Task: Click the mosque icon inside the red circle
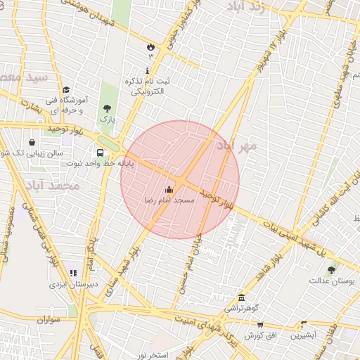pyautogui.click(x=168, y=189)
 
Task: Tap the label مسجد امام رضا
pyautogui.click(x=169, y=201)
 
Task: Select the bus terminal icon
pyautogui.click(x=101, y=152)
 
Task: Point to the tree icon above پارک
pyautogui.click(x=107, y=108)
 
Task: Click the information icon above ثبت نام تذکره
pyautogui.click(x=147, y=70)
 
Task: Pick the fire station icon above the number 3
pyautogui.click(x=150, y=46)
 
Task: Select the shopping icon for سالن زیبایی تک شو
pyautogui.click(x=32, y=142)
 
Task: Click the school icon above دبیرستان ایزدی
pyautogui.click(x=72, y=273)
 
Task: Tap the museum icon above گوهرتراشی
pyautogui.click(x=242, y=297)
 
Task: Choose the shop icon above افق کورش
pyautogui.click(x=260, y=325)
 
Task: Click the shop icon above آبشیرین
pyautogui.click(x=304, y=325)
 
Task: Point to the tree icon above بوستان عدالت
pyautogui.click(x=331, y=269)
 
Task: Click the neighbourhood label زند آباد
pyautogui.click(x=247, y=7)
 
